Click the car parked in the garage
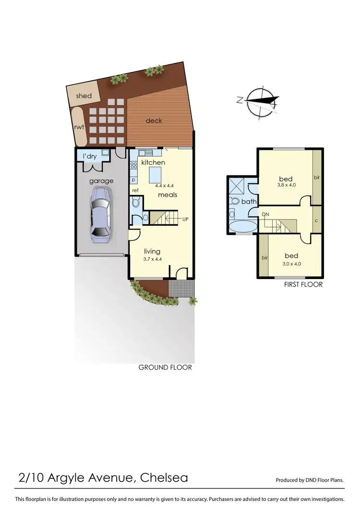click(x=101, y=212)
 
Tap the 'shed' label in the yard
click(x=84, y=96)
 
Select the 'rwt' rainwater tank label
click(x=79, y=127)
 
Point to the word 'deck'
click(x=154, y=121)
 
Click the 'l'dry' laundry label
click(x=90, y=156)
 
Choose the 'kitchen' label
click(x=153, y=162)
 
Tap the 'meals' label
click(x=168, y=194)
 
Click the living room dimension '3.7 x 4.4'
click(x=152, y=259)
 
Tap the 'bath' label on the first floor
click(x=249, y=202)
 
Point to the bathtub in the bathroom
click(x=243, y=227)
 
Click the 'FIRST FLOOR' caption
click(x=303, y=284)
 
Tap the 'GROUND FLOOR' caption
click(x=165, y=367)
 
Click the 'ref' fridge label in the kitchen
click(x=135, y=191)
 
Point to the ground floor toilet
click(x=136, y=203)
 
